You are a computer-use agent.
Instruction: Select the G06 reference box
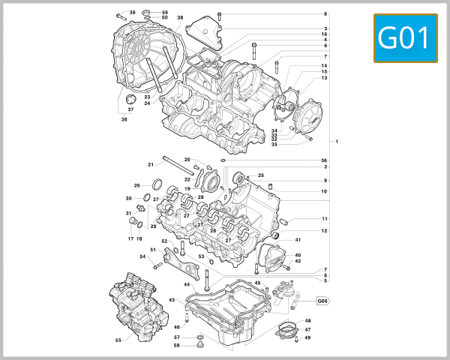[x=323, y=301]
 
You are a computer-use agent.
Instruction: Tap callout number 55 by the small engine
[x=118, y=340]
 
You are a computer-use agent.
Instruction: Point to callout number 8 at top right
[x=325, y=14]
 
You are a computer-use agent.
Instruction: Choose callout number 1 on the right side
[x=337, y=142]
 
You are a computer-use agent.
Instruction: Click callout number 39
[x=132, y=13]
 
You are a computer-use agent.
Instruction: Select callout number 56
[x=325, y=160]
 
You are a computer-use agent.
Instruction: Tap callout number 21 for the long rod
[x=151, y=164]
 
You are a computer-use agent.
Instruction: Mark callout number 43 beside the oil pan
[x=171, y=300]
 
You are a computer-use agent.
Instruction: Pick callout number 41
[x=298, y=240]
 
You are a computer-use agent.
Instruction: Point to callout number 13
[x=324, y=78]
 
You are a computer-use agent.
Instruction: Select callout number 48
[x=307, y=321]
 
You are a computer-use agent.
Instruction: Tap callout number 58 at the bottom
[x=176, y=345]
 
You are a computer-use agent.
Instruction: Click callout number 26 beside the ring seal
[x=136, y=185]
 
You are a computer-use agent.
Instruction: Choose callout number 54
[x=142, y=256]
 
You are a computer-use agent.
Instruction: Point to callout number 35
[x=274, y=144]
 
